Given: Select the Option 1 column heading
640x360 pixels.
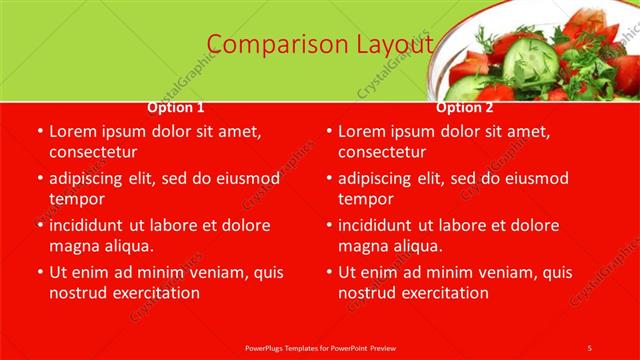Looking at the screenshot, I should (x=176, y=107).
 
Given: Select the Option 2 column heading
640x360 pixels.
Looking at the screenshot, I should (x=465, y=107).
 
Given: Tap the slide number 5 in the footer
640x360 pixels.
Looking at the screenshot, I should (x=589, y=347).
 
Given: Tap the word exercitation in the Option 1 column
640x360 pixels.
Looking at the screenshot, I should (x=153, y=293).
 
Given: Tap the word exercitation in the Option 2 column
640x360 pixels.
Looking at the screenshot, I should (x=442, y=293).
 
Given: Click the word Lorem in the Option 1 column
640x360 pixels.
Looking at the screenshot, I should (x=74, y=131).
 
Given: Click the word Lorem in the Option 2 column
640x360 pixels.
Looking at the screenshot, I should (x=363, y=131).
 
